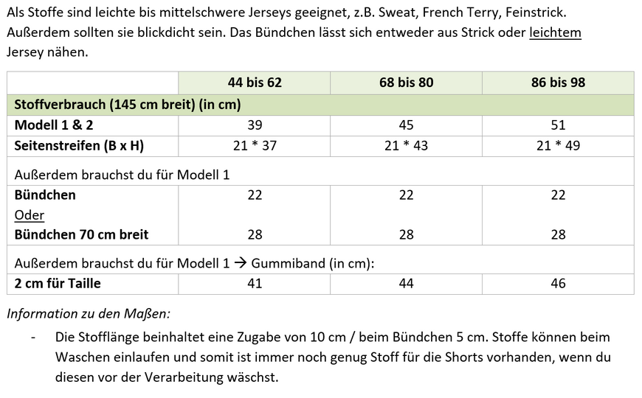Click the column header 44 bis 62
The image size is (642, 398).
pyautogui.click(x=255, y=83)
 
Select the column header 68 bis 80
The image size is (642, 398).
pyautogui.click(x=406, y=83)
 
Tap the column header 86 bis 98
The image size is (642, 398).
pyautogui.click(x=558, y=83)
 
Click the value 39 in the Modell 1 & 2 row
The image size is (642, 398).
pyautogui.click(x=255, y=125)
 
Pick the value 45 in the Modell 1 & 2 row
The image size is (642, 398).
pyautogui.click(x=406, y=125)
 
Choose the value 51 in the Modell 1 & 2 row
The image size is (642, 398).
pyautogui.click(x=558, y=125)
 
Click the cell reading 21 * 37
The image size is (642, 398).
pyautogui.click(x=255, y=145)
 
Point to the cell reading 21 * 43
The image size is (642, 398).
pyautogui.click(x=406, y=145)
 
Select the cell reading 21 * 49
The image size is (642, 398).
pyautogui.click(x=558, y=145)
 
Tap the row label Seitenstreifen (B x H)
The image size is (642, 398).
pyautogui.click(x=79, y=145)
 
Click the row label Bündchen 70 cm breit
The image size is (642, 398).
pyautogui.click(x=81, y=234)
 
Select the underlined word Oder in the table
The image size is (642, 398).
pyautogui.click(x=29, y=215)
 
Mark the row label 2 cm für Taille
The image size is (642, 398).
pyautogui.click(x=58, y=283)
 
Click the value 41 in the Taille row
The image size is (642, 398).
pyautogui.click(x=255, y=283)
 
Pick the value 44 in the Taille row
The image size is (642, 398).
pyautogui.click(x=406, y=283)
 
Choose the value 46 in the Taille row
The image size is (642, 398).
pyautogui.click(x=558, y=283)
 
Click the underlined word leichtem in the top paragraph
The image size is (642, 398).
pyautogui.click(x=555, y=33)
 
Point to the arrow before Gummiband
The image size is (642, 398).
pyautogui.click(x=241, y=264)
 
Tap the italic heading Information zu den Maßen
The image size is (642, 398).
pyautogui.click(x=89, y=313)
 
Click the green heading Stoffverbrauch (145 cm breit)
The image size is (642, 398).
pyautogui.click(x=128, y=105)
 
